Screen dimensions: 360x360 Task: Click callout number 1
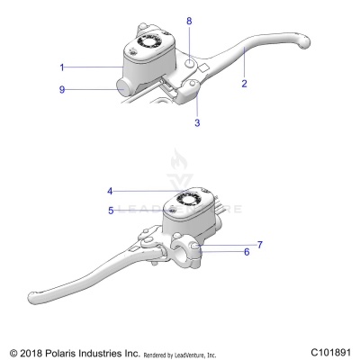(61, 67)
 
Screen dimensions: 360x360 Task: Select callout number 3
(197, 122)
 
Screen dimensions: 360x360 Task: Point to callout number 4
(109, 190)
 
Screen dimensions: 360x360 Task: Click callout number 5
(109, 211)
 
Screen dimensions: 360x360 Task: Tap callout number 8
(188, 20)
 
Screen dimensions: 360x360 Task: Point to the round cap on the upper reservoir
(149, 40)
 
